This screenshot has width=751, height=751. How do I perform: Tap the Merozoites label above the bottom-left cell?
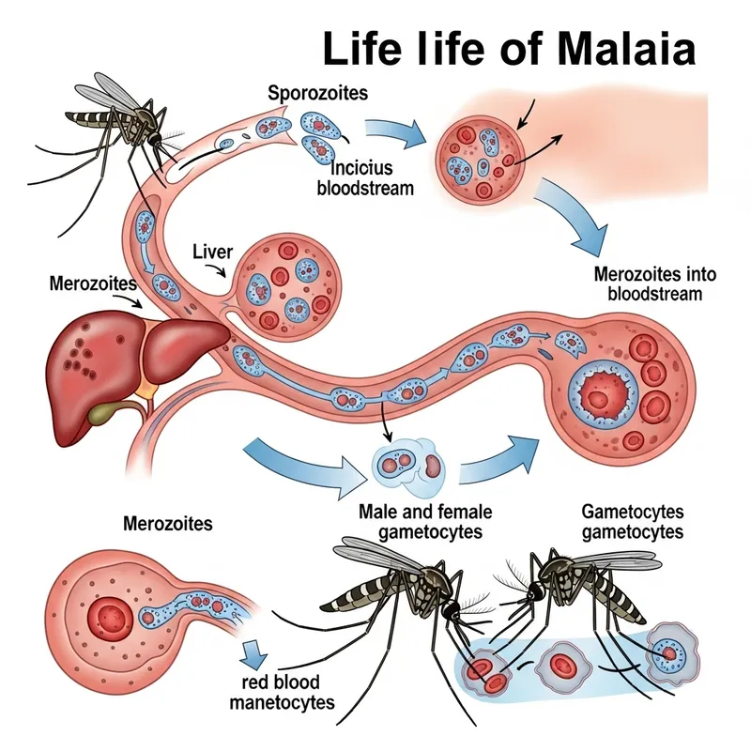[x=166, y=521]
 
